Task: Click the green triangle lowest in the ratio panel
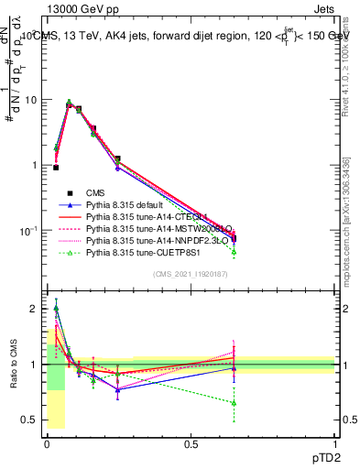coord(234,403)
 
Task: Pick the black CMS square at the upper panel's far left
coord(56,168)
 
